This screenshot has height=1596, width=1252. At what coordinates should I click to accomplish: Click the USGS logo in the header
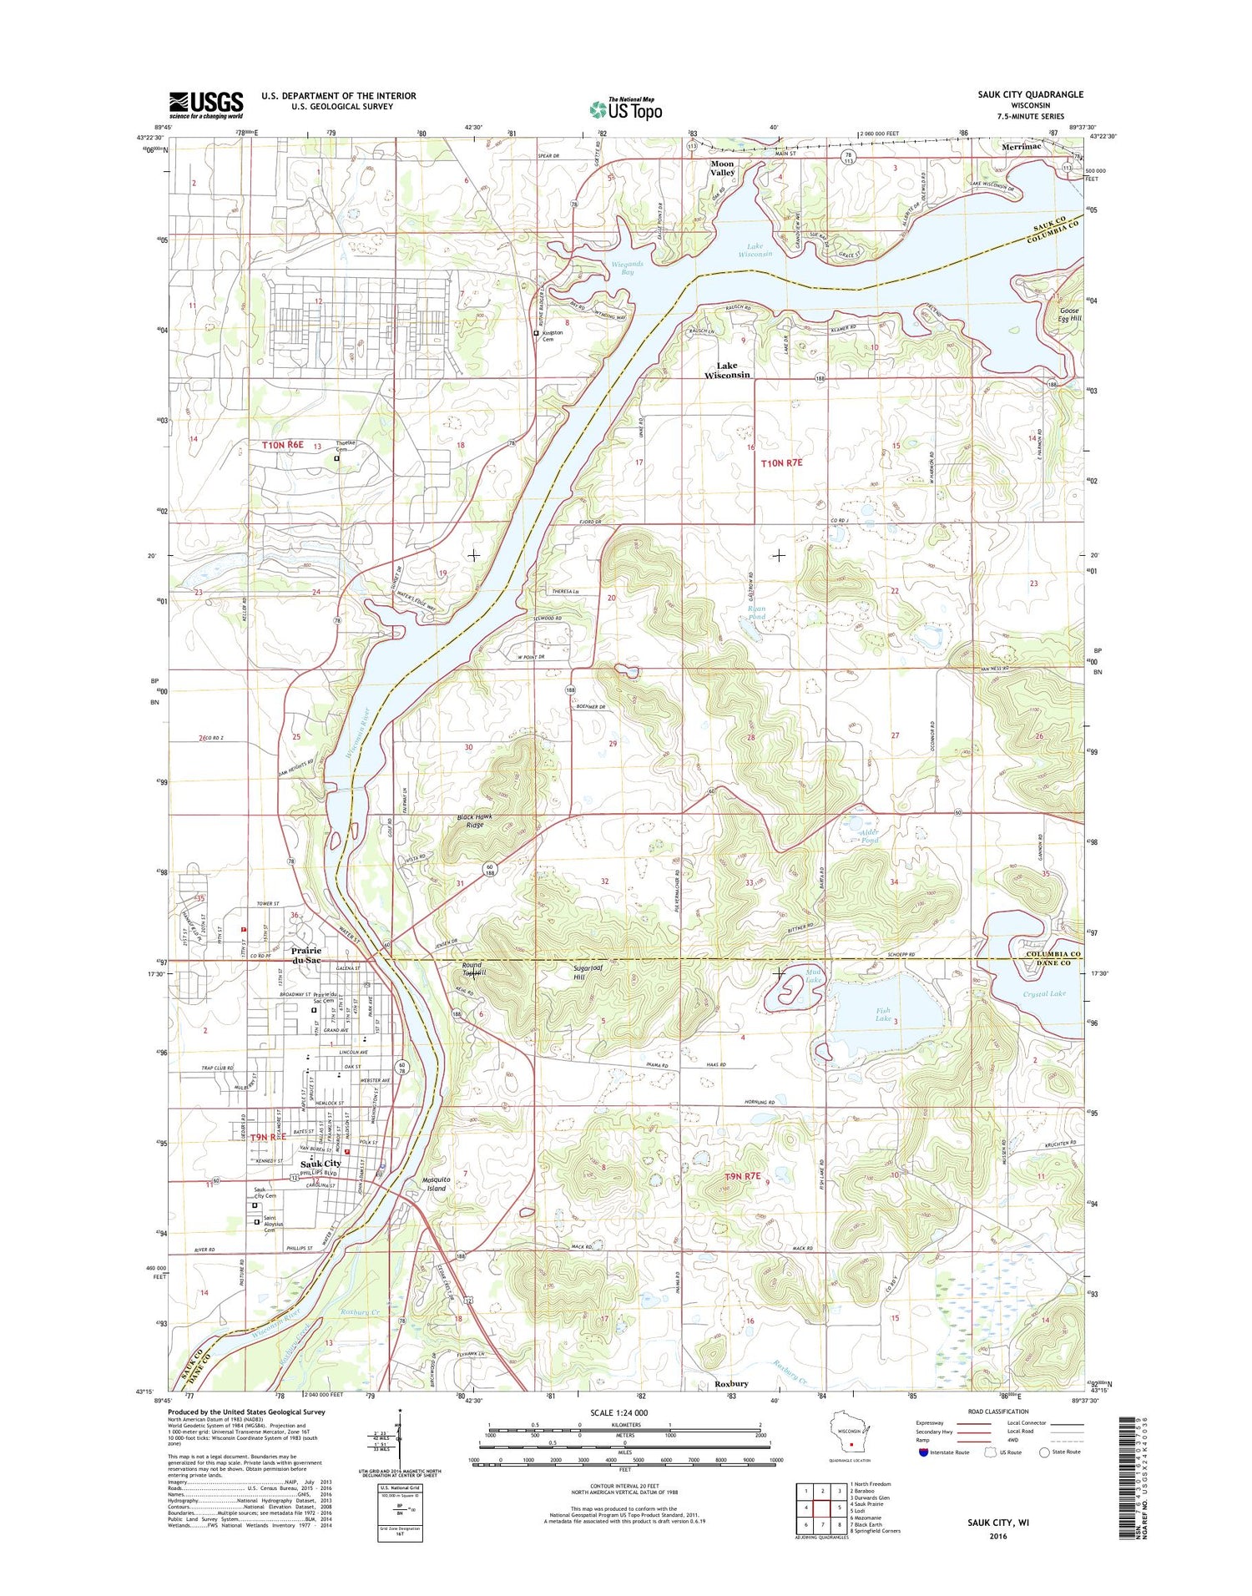coord(206,104)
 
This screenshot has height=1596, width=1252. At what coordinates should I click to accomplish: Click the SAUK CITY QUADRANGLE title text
coord(1030,94)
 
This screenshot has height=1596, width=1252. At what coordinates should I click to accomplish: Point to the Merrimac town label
coord(1022,145)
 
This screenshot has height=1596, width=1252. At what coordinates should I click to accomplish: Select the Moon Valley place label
coord(722,168)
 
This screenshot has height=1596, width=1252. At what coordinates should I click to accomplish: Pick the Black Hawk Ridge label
coord(475,821)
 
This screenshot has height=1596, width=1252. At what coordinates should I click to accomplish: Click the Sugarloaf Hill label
coord(590,973)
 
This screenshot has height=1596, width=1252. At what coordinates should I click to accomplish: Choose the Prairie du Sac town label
coord(306,955)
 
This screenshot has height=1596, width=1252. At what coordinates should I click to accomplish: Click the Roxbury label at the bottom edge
coord(731,1383)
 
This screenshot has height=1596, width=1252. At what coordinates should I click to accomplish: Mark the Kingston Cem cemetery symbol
coord(536,333)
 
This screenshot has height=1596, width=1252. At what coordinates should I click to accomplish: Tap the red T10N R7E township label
coord(782,462)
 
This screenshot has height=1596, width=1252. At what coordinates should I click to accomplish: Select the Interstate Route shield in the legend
coord(922,1452)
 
